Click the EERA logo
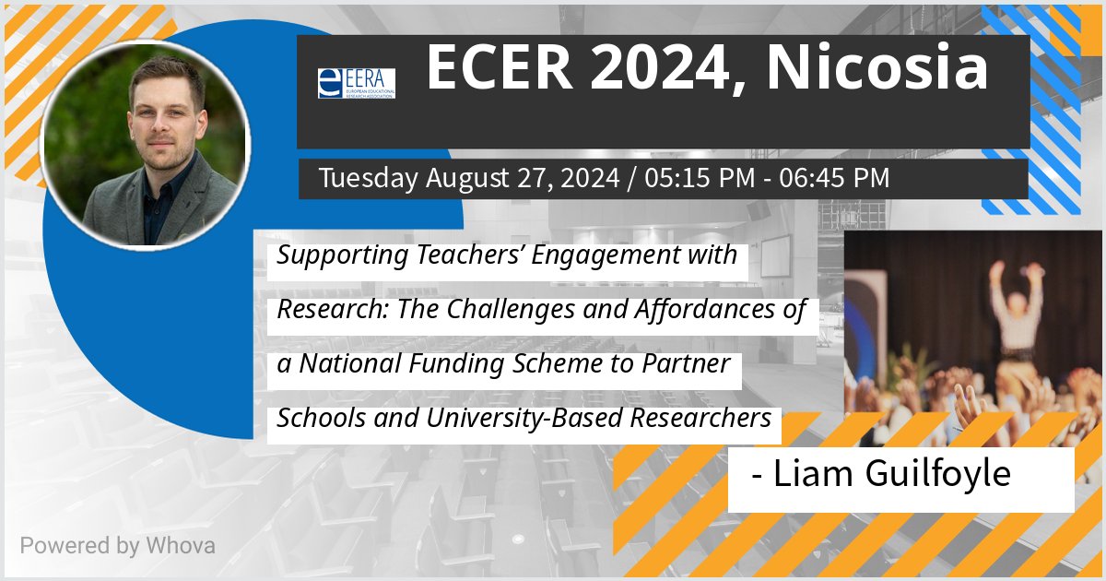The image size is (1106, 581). [356, 83]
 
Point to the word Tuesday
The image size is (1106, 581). [368, 178]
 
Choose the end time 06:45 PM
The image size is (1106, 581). [835, 178]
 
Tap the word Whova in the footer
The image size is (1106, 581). [180, 545]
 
